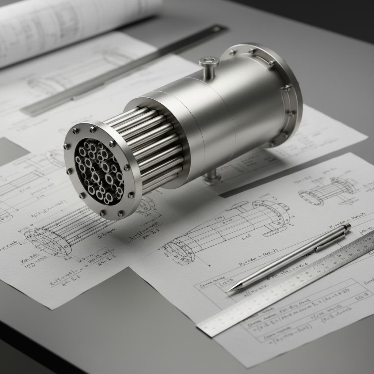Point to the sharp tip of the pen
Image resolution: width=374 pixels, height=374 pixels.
[x=230, y=291]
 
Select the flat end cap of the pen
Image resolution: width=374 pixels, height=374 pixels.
[x=347, y=227]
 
